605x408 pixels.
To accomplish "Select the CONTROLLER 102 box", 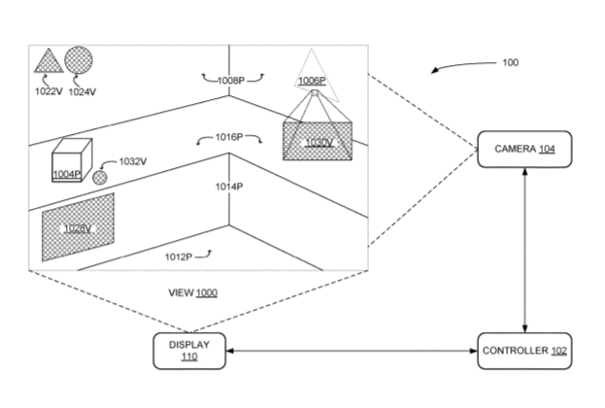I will tap(524, 350).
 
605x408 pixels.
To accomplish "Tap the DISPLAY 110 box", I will tap(188, 350).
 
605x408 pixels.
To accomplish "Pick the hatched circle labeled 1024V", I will tap(80, 60).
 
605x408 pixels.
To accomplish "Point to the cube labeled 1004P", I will tap(71, 161).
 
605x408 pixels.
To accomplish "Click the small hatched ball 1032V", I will tap(100, 177).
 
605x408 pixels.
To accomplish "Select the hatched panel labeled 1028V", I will tap(78, 226).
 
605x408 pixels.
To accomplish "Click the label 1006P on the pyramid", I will tap(311, 81).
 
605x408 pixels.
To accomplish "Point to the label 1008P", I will tap(229, 80).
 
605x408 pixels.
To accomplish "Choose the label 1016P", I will tap(229, 139).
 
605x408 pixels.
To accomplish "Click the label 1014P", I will tap(228, 186).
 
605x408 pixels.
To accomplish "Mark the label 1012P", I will tap(180, 255).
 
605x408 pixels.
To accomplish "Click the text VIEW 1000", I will tap(193, 292).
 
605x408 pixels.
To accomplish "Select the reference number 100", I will tap(510, 62).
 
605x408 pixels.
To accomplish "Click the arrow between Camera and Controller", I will tap(524, 249).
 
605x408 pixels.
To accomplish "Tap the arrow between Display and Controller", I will tap(351, 350).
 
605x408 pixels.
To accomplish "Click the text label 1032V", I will tap(132, 162).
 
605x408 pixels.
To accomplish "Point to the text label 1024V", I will tap(82, 90).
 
